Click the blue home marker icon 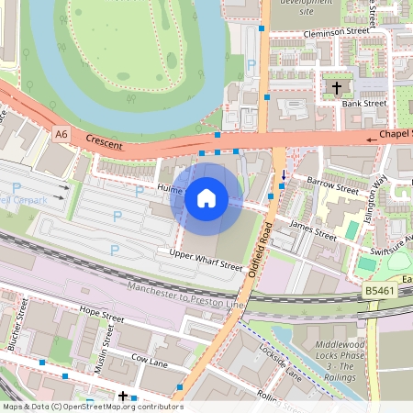pyautogui.click(x=206, y=197)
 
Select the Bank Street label pyautogui.click(x=364, y=104)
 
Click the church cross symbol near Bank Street pyautogui.click(x=336, y=88)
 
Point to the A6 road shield pyautogui.click(x=61, y=135)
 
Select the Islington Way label pyautogui.click(x=379, y=192)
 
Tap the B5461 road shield pyautogui.click(x=379, y=291)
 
